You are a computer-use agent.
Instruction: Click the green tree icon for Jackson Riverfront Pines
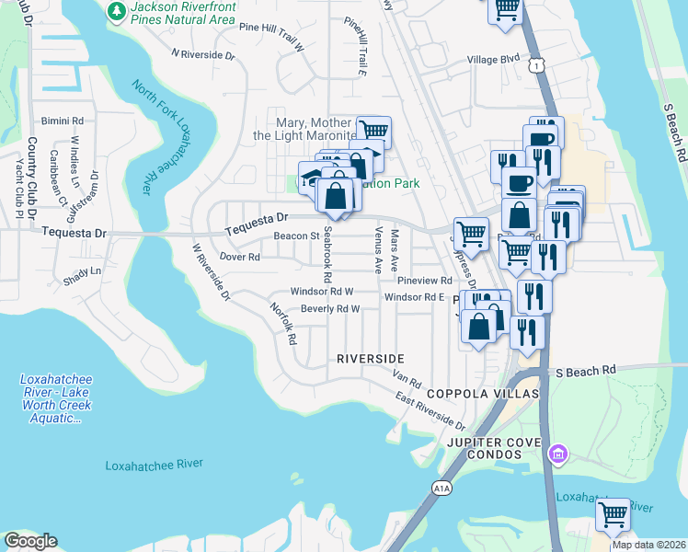pos(117,10)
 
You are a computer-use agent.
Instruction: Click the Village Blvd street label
pos(493,59)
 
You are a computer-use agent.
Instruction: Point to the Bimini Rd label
pos(63,121)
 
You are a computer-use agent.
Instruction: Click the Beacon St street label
pos(295,236)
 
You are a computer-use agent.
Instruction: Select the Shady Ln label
pos(82,270)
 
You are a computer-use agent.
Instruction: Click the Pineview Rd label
pos(424,280)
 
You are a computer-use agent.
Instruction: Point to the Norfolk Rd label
pos(284,325)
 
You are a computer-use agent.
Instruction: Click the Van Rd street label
pos(407,378)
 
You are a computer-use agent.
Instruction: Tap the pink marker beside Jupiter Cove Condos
pos(556,454)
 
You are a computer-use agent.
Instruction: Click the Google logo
pos(30,541)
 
